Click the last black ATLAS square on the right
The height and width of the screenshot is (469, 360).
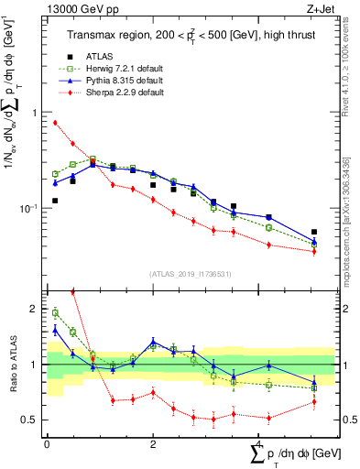pyautogui.click(x=314, y=232)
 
